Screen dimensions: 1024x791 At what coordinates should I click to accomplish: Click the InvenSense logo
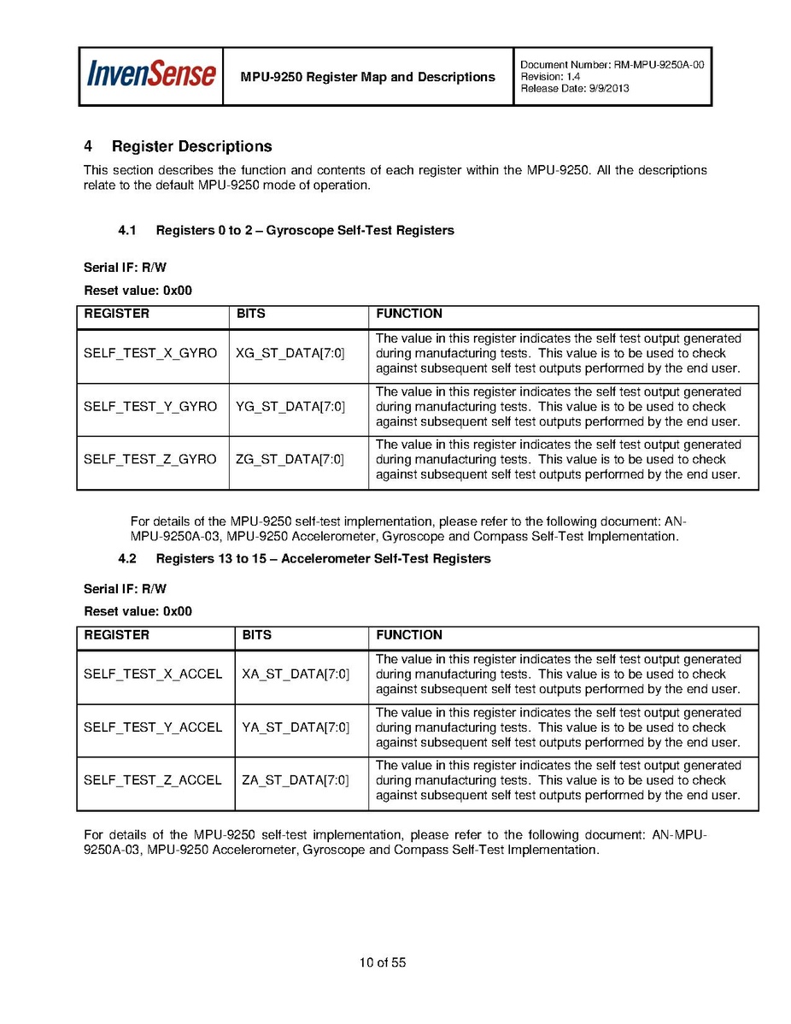pos(151,75)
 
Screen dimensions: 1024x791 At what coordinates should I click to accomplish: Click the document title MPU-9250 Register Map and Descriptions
pos(367,77)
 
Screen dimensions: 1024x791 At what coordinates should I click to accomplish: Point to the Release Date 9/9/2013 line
pos(574,89)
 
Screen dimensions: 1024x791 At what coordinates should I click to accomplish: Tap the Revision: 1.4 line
pos(550,77)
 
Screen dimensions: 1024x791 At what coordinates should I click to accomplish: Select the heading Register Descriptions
pos(191,147)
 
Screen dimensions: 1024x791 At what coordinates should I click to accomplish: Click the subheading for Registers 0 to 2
pos(304,231)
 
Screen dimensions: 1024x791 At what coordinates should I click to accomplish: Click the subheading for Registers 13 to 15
pos(323,559)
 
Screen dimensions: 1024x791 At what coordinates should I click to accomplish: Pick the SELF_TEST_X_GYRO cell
pos(150,354)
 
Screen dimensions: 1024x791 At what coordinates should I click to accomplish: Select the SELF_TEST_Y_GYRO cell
pos(150,407)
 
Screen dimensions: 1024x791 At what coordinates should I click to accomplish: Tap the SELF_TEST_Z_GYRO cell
pos(150,460)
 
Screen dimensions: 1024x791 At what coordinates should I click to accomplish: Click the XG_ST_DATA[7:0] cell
pos(290,354)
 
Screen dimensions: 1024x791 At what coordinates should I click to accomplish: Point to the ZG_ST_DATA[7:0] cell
pos(290,460)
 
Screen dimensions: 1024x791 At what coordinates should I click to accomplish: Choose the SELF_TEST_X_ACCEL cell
pos(153,674)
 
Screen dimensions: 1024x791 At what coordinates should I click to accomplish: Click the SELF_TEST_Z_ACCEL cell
pos(153,780)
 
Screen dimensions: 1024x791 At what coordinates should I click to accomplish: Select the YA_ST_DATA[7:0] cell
pos(296,727)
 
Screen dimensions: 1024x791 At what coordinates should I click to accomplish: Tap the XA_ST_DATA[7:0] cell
pos(296,674)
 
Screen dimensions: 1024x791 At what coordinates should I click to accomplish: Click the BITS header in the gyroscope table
pos(251,314)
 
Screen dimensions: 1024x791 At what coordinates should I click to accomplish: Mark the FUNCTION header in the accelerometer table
pos(409,635)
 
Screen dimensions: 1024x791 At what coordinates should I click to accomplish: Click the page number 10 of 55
pos(383,963)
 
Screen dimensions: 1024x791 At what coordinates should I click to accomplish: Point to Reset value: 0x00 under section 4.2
pos(138,612)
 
